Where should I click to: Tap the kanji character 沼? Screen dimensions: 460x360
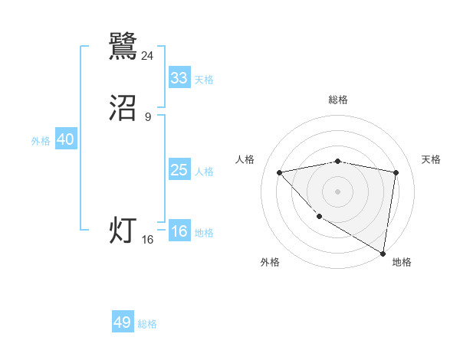[x=123, y=109]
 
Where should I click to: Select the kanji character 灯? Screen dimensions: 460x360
[x=123, y=231]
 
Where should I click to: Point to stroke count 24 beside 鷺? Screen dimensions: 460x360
[x=148, y=55]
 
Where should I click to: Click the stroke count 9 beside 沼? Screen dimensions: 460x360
[x=148, y=116]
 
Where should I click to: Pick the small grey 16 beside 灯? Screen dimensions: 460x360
[x=148, y=240]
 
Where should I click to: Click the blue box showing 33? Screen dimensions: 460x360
[x=179, y=78]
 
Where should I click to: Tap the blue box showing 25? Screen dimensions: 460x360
[x=179, y=170]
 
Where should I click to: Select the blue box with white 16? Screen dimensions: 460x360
[x=179, y=232]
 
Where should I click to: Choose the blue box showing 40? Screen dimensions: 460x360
[x=65, y=139]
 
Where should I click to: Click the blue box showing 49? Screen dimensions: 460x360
[x=123, y=322]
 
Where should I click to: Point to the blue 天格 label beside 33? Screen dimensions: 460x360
[x=204, y=80]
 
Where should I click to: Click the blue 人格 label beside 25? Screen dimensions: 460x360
[x=204, y=172]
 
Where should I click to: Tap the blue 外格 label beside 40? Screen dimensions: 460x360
[x=41, y=141]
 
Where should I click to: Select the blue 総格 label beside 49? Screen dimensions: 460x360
[x=147, y=324]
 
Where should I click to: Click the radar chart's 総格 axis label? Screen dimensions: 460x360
[x=338, y=100]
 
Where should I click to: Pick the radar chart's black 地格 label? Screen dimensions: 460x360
[x=402, y=262]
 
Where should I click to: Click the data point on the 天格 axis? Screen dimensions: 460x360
[x=396, y=172]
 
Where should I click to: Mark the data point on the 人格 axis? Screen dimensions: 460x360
[x=280, y=172]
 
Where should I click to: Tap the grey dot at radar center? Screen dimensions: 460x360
[x=338, y=191]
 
